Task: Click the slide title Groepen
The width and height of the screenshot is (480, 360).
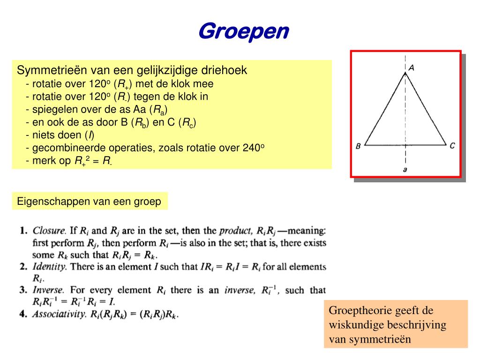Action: (x=244, y=32)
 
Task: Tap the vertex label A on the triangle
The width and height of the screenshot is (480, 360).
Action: (x=411, y=68)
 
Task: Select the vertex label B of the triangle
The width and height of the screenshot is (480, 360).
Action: (x=358, y=146)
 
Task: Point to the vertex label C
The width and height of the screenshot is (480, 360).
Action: (x=452, y=146)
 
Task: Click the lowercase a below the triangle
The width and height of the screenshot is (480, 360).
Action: (x=405, y=169)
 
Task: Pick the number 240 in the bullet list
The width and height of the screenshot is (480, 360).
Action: (x=252, y=148)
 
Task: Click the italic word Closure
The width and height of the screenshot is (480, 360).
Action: (x=49, y=231)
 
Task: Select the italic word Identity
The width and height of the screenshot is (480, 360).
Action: (x=49, y=267)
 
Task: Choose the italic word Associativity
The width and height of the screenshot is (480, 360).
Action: (x=59, y=314)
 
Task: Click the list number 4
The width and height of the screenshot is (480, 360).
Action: (x=23, y=314)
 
